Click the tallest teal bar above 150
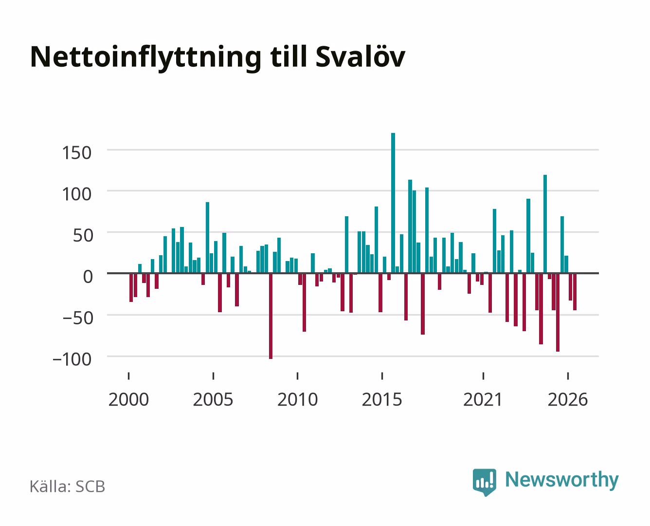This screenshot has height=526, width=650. click(393, 203)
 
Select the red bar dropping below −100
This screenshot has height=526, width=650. click(271, 316)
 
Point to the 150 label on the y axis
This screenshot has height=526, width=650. click(76, 153)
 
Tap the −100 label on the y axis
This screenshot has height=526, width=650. click(72, 359)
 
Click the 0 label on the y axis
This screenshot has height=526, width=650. click(88, 277)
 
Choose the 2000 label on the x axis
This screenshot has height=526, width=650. click(128, 399)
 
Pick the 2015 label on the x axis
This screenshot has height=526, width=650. click(382, 399)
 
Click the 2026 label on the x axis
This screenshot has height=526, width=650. click(568, 399)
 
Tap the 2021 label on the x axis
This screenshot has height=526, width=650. click(483, 399)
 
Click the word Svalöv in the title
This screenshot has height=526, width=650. click(361, 57)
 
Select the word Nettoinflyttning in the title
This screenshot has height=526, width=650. click(145, 58)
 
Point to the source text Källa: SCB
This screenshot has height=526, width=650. click(67, 486)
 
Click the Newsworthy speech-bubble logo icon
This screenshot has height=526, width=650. click(484, 482)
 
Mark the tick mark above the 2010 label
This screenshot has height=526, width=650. click(298, 376)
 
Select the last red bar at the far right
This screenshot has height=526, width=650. click(575, 292)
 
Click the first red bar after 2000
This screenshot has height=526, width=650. click(131, 288)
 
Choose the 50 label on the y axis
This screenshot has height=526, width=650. click(82, 236)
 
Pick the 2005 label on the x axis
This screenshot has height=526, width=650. click(213, 399)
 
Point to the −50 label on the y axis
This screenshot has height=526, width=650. click(77, 318)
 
